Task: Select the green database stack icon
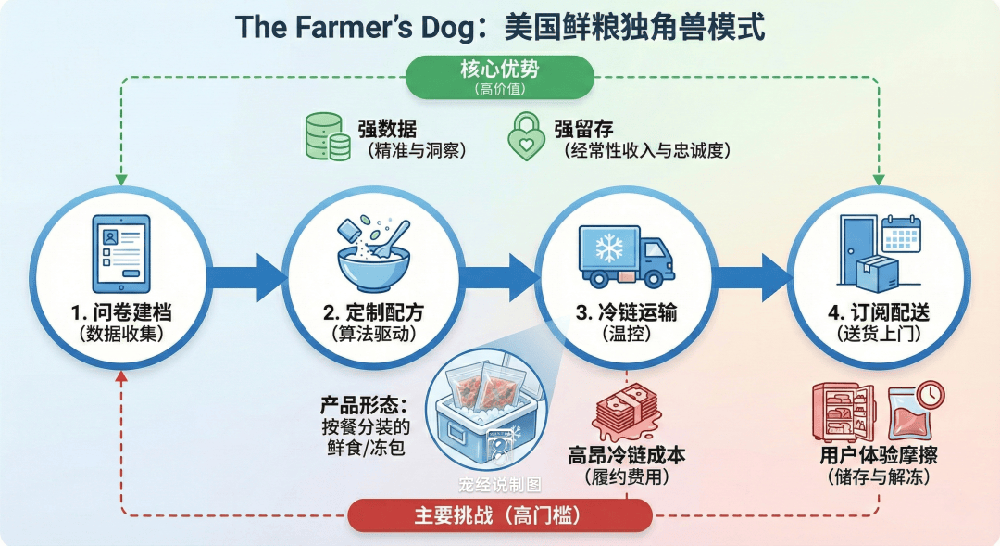click(x=327, y=137)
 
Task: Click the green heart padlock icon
click(x=526, y=137)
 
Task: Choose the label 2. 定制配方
click(x=373, y=312)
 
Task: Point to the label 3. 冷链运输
click(x=626, y=312)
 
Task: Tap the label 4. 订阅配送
click(x=877, y=312)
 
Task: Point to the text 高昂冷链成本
click(x=626, y=456)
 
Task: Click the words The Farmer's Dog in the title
click(x=354, y=27)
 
